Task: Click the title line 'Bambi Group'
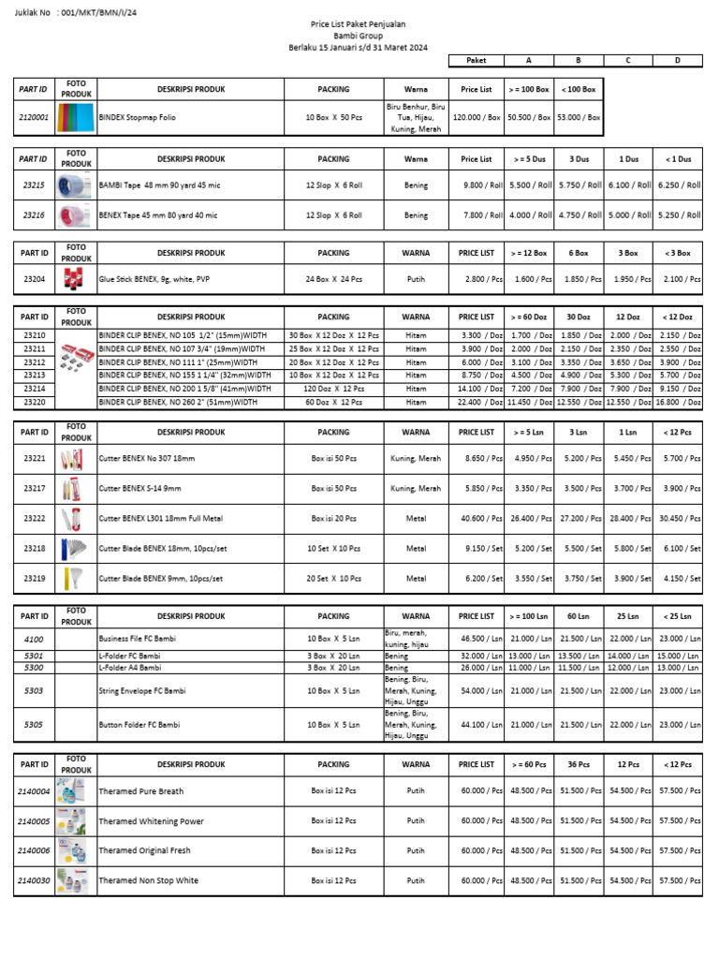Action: (359, 36)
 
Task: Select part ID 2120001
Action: (35, 118)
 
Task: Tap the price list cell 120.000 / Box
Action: (477, 118)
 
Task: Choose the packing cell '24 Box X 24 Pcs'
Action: (333, 278)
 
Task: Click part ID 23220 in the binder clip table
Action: (35, 402)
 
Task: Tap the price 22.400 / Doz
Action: (477, 402)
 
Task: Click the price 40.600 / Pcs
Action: (477, 518)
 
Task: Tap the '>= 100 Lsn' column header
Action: (529, 616)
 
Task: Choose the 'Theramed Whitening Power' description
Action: (151, 821)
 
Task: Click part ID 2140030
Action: (35, 880)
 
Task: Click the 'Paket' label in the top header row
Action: (477, 60)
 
